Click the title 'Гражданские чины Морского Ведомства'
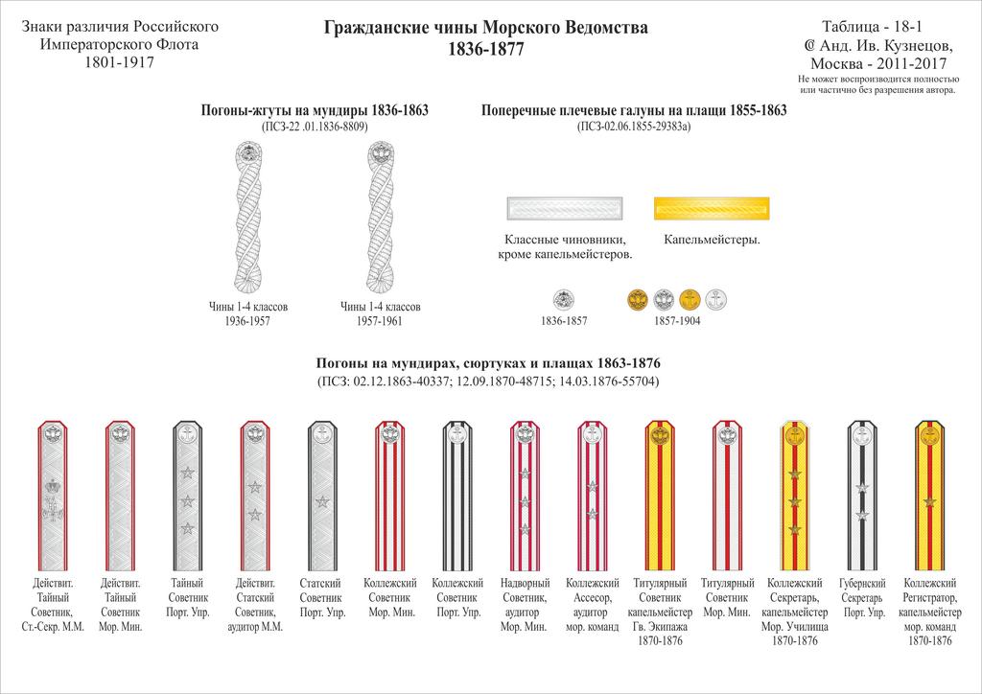pyautogui.click(x=486, y=29)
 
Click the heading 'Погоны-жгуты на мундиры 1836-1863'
pyautogui.click(x=314, y=110)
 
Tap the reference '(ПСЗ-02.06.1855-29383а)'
pyautogui.click(x=633, y=126)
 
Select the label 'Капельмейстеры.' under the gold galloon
pyautogui.click(x=712, y=240)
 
